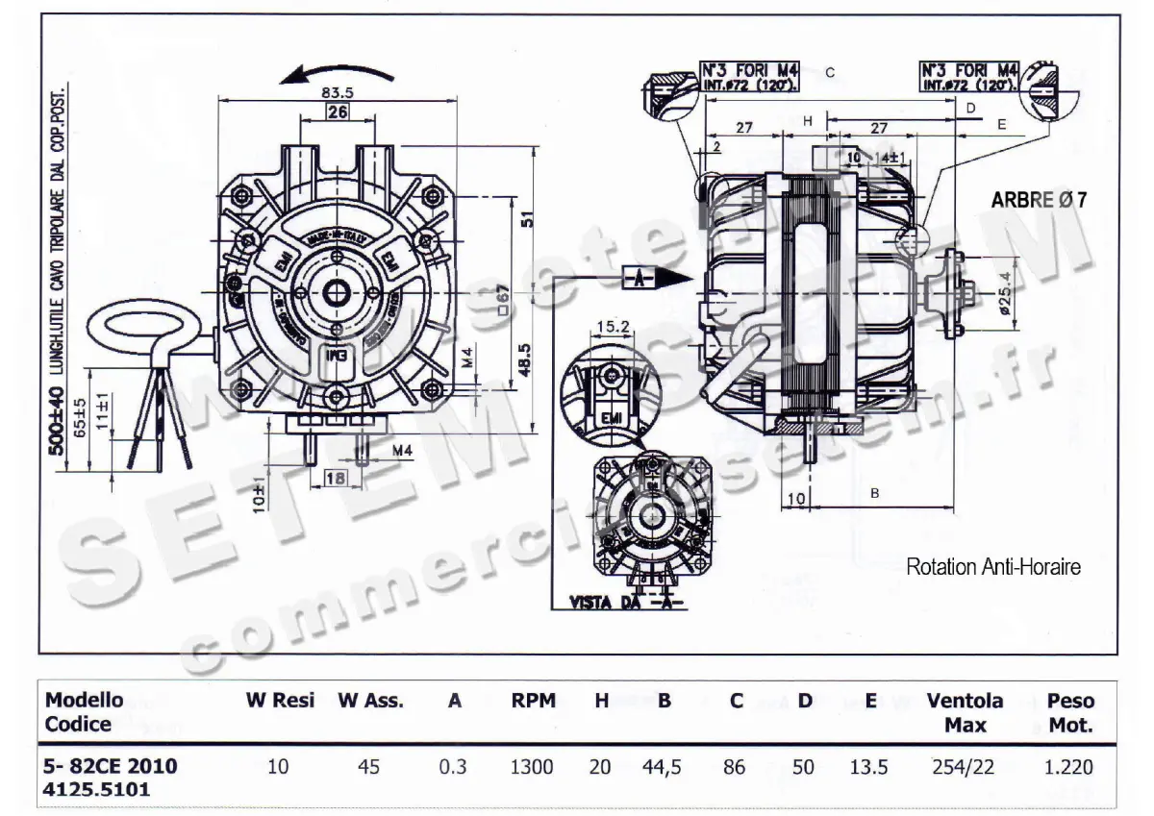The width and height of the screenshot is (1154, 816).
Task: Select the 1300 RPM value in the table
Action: pos(532,767)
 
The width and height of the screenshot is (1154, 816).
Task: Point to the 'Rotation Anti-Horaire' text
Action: pos(993,567)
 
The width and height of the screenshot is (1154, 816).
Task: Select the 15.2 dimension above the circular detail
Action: pos(613,327)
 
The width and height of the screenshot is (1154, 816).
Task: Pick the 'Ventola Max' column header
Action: pos(965,712)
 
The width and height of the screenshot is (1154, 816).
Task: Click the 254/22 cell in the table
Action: pos(965,767)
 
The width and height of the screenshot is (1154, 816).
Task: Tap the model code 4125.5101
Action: pos(96,789)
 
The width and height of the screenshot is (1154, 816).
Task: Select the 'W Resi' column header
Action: pos(280,701)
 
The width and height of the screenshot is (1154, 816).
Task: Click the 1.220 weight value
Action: pos(1069,767)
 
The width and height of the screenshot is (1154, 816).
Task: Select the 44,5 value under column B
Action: pos(664,767)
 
